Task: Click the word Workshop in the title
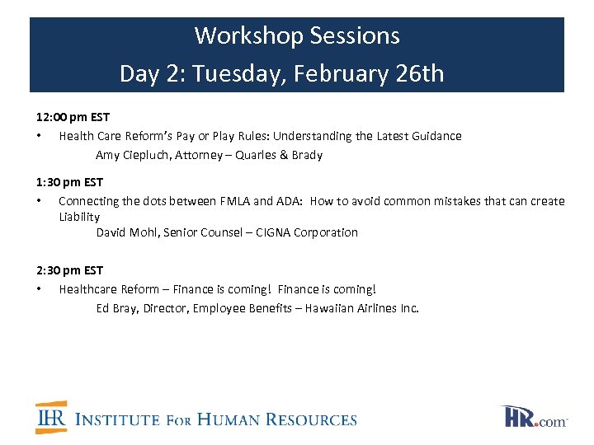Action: click(248, 36)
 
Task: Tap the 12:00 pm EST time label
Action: click(73, 117)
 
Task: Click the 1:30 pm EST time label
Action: click(69, 181)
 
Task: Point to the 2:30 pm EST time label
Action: click(69, 269)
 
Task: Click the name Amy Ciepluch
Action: click(131, 155)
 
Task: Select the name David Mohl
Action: click(127, 232)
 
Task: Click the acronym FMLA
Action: click(237, 201)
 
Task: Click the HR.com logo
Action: click(535, 417)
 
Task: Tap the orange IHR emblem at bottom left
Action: click(50, 418)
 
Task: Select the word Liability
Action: click(79, 217)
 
